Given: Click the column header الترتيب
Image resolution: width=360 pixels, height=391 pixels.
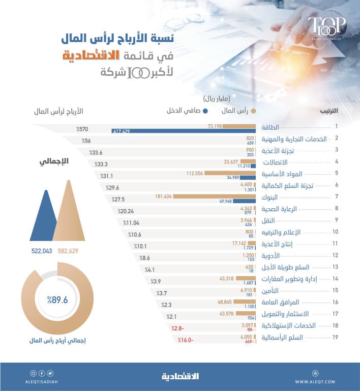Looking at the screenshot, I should point(328,110).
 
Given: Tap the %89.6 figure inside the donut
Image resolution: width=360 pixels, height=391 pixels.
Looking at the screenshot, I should point(57,300).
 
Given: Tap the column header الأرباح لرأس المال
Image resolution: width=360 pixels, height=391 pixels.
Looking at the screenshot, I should point(58,111).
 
